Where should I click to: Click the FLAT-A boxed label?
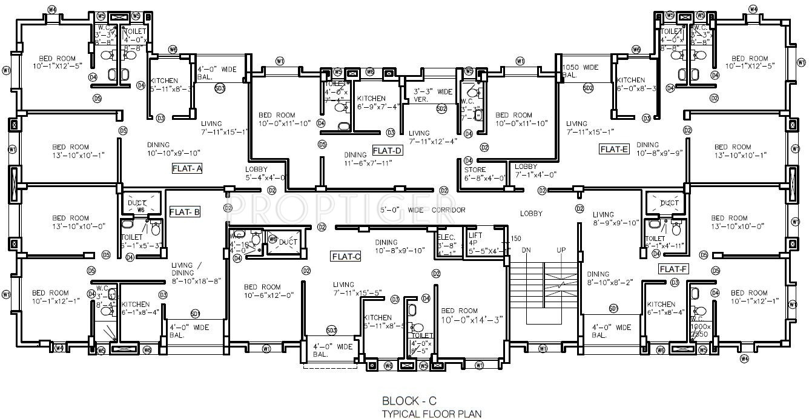tap(187, 169)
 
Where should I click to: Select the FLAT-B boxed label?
tap(185, 212)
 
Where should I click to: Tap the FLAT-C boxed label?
tap(346, 257)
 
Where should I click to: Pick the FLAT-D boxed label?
tap(388, 150)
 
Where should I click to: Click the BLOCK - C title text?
tap(409, 401)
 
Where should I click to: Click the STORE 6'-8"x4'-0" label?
tap(484, 174)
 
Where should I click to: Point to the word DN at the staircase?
tap(526, 250)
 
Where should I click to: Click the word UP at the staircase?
tap(562, 250)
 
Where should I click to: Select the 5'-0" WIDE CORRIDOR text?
tap(422, 210)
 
